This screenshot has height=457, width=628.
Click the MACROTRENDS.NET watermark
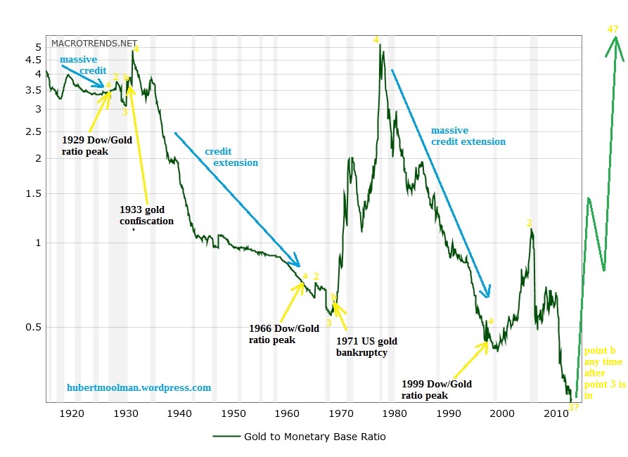94,43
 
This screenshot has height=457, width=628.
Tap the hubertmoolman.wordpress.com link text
139,387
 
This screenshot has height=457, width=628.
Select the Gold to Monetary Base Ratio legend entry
314,437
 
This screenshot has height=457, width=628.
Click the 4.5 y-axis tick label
33,60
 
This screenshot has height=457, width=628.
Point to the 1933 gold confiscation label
146,215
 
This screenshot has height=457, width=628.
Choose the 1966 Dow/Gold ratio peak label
283,334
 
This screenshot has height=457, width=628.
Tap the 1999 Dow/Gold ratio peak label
436,390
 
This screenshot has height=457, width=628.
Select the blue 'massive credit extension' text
468,136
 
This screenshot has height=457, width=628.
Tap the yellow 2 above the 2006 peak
530,223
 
